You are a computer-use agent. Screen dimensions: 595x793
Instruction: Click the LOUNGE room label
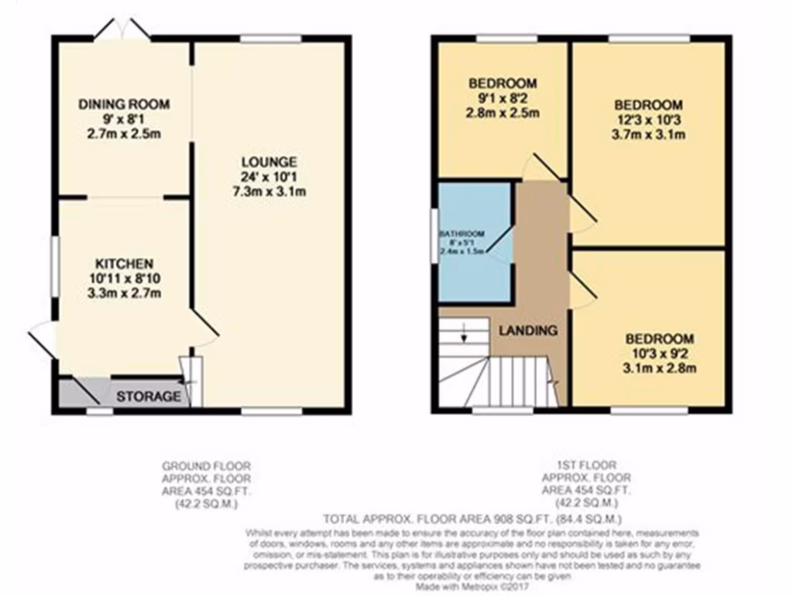[x=269, y=163]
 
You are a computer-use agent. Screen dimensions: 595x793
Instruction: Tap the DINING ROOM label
[x=125, y=105]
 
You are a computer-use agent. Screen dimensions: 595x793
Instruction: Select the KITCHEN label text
[x=125, y=263]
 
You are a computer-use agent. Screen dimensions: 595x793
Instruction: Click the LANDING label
[x=527, y=331]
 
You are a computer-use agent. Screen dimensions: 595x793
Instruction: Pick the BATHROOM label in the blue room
[x=462, y=234]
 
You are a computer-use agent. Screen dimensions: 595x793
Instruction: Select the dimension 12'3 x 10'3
[x=648, y=119]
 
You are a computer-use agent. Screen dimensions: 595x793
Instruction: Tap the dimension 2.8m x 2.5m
[x=502, y=112]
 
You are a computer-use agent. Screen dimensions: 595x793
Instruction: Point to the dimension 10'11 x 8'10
[x=125, y=278]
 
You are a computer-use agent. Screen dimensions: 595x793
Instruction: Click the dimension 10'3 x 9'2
[x=660, y=353]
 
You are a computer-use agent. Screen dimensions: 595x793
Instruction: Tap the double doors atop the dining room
[x=122, y=29]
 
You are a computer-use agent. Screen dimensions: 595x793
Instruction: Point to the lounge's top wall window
[x=270, y=38]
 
